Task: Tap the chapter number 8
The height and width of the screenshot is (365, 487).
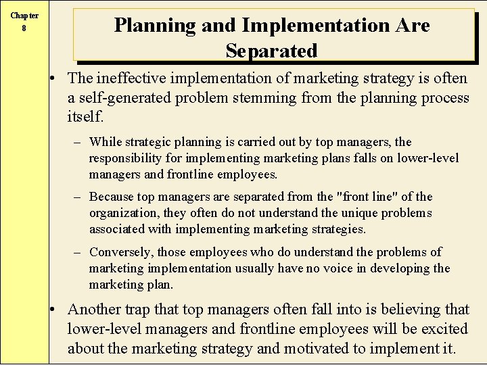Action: pos(24,28)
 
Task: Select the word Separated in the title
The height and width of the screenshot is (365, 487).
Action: pos(271,51)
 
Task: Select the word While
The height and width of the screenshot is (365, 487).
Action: pos(105,142)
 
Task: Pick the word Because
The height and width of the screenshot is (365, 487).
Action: pos(112,197)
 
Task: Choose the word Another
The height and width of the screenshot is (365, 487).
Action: pos(95,310)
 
